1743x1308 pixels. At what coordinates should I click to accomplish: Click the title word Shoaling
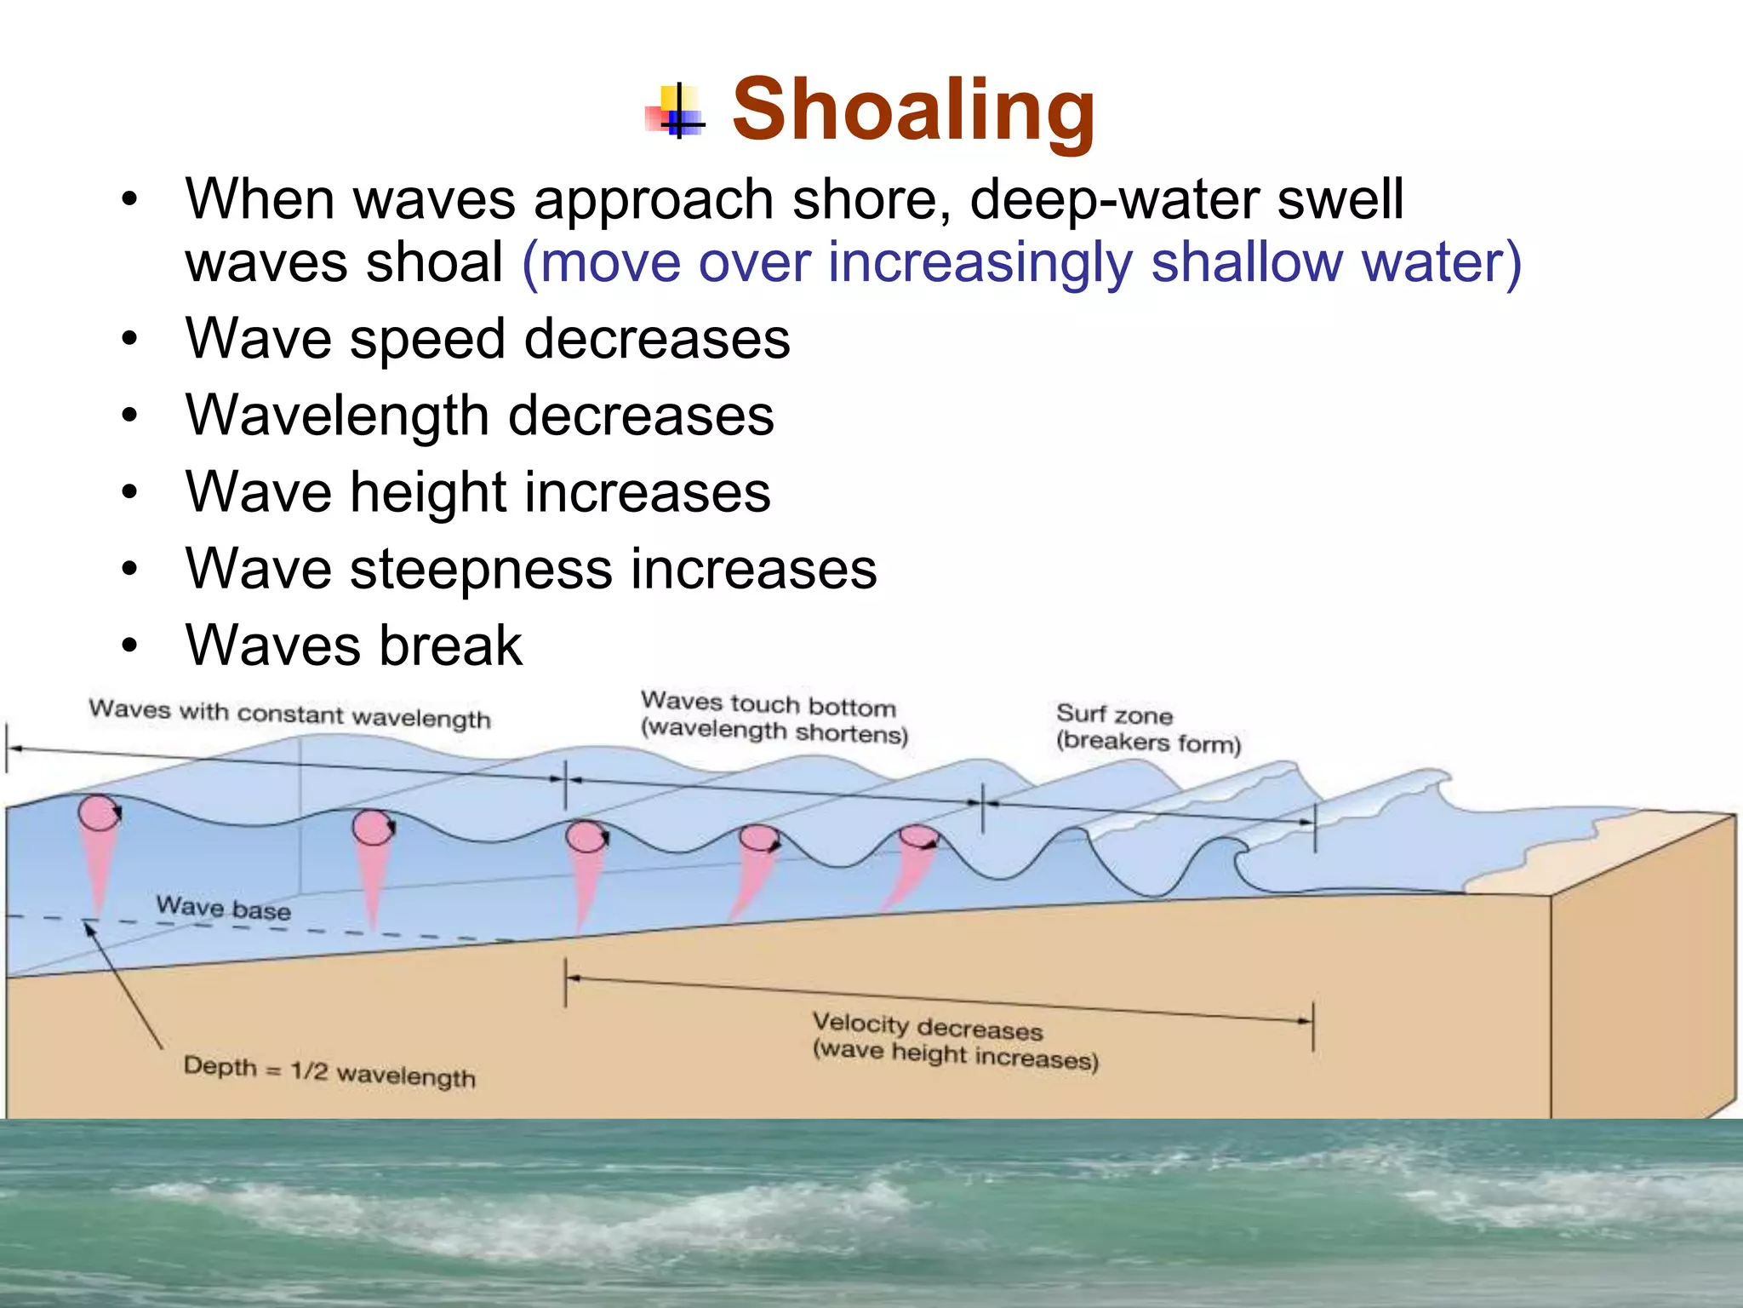[913, 111]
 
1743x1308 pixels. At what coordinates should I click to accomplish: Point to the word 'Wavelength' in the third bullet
[337, 416]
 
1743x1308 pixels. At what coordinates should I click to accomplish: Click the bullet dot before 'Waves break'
[129, 645]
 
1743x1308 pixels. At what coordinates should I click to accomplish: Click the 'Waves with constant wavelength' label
[289, 714]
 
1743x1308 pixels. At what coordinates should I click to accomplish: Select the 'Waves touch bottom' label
[768, 704]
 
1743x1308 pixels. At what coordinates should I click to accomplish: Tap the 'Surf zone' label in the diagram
[1114, 714]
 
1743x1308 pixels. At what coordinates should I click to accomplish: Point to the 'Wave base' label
[223, 909]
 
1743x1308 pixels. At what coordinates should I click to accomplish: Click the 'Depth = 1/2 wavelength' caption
[329, 1071]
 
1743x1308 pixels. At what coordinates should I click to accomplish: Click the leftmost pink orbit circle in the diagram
[99, 813]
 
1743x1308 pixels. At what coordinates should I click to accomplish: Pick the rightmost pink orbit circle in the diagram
[918, 837]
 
